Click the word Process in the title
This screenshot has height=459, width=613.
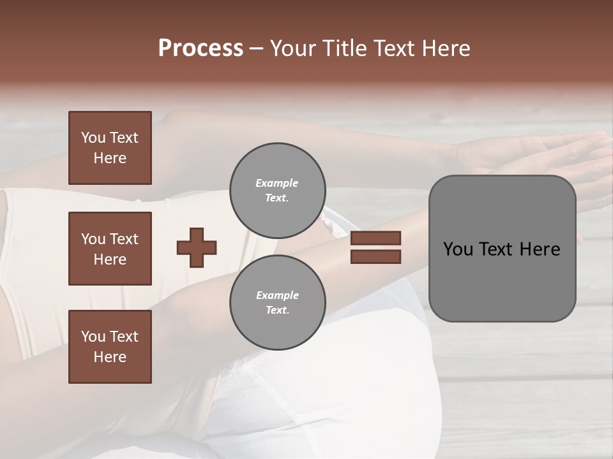tap(201, 48)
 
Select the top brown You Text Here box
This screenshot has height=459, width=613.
tap(110, 148)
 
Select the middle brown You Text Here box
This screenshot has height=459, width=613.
tap(110, 249)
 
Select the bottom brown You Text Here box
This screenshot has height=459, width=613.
tap(110, 347)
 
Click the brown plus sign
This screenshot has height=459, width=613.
tap(197, 247)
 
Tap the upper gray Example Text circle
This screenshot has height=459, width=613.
tap(278, 191)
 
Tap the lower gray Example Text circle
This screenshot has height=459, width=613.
tap(278, 303)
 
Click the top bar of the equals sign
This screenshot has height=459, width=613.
tap(375, 238)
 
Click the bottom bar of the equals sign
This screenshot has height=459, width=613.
tap(375, 256)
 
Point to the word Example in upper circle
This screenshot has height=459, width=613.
tap(277, 183)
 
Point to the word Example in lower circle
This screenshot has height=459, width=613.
tap(277, 295)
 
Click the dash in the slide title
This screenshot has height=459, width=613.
tap(256, 49)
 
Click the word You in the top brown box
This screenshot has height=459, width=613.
tap(93, 138)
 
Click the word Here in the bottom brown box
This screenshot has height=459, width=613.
tap(110, 357)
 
